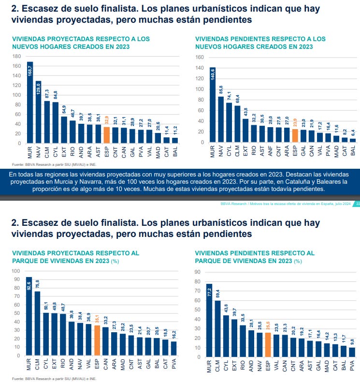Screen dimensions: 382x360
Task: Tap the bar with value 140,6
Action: (213, 104)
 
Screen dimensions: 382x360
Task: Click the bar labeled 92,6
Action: (29, 317)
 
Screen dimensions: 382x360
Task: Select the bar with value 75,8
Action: (37, 324)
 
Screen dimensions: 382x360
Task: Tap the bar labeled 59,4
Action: (217, 329)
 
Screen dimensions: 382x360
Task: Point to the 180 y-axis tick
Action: (16, 57)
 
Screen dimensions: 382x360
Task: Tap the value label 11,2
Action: (175, 131)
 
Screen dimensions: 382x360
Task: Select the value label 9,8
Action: (353, 341)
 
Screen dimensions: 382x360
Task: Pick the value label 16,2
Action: (173, 335)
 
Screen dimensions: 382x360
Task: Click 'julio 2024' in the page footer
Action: (340, 204)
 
